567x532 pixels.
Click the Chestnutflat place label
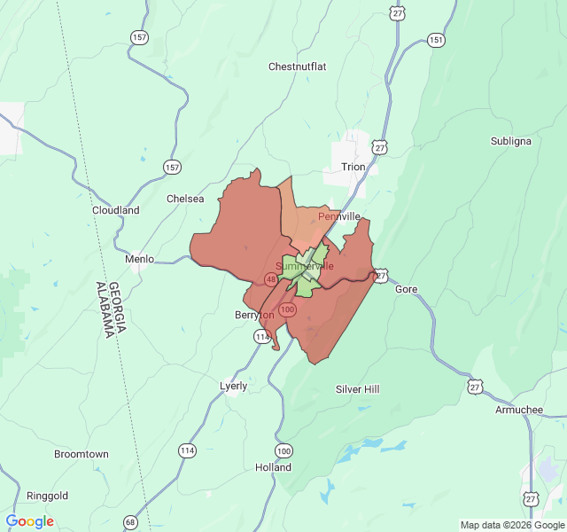tap(298, 66)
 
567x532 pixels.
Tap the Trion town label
tap(353, 167)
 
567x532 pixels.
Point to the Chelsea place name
tap(185, 199)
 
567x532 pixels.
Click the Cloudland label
tap(116, 211)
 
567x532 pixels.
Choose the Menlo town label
tap(139, 259)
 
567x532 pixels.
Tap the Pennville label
tap(339, 216)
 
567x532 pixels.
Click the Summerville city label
tap(305, 266)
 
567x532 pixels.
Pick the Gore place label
tap(406, 290)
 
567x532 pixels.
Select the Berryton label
tap(254, 315)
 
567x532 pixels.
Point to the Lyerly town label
tap(234, 387)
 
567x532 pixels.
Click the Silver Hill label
tap(357, 389)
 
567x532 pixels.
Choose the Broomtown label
tap(82, 454)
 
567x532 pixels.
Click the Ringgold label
tap(48, 496)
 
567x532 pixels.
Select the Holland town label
tap(273, 467)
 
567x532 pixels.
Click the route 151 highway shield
tap(436, 40)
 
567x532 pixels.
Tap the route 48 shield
tap(270, 279)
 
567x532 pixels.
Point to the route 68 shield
tap(131, 521)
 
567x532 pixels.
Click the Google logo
tap(30, 521)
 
